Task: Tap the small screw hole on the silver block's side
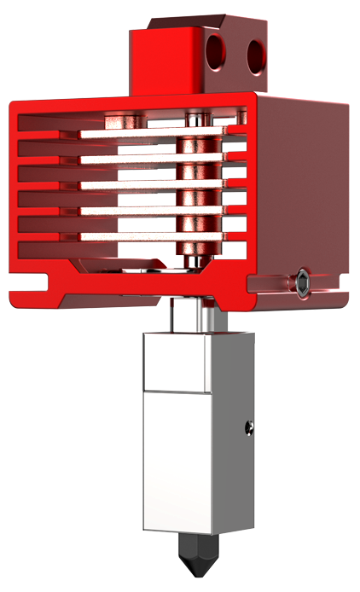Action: (249, 425)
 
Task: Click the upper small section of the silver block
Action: (176, 362)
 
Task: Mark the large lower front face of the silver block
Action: (176, 461)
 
